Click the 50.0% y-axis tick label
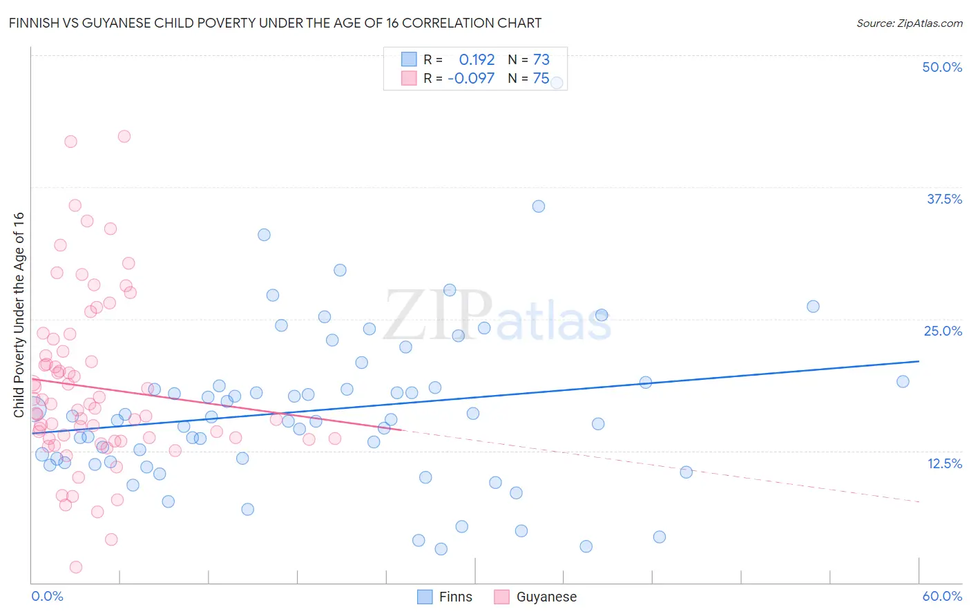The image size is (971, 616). (942, 67)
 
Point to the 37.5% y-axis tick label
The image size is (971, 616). (944, 199)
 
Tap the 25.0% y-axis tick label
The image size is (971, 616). (943, 331)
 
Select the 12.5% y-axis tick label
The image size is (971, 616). (944, 463)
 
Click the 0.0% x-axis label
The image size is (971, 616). (47, 596)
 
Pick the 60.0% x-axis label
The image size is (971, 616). (942, 596)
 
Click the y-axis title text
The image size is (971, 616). (19, 314)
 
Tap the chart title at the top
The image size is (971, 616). (275, 23)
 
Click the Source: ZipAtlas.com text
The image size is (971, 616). (909, 23)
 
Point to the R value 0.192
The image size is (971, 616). (477, 59)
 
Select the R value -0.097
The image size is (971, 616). (471, 78)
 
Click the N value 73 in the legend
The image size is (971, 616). (541, 59)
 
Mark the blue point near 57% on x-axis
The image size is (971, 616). (903, 381)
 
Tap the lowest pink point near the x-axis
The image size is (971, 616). (76, 567)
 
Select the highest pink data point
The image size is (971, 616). (124, 136)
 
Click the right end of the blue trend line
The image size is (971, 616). (919, 361)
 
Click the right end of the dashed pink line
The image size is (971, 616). (919, 501)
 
